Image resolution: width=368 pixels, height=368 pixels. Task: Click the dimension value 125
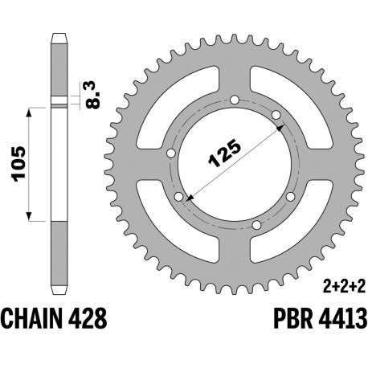[x=225, y=153]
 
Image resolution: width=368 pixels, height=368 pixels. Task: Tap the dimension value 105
[x=18, y=164]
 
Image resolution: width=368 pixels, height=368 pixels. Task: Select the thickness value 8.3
[x=94, y=95]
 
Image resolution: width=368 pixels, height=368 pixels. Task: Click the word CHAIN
[x=30, y=318]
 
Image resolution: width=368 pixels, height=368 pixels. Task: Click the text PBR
[x=293, y=318]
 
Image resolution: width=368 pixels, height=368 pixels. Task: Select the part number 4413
[x=343, y=318]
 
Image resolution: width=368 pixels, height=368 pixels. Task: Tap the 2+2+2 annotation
[x=344, y=287]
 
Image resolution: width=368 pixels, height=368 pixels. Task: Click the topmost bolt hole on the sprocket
[x=235, y=100]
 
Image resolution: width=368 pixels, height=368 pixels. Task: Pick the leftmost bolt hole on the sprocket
[x=171, y=153]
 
